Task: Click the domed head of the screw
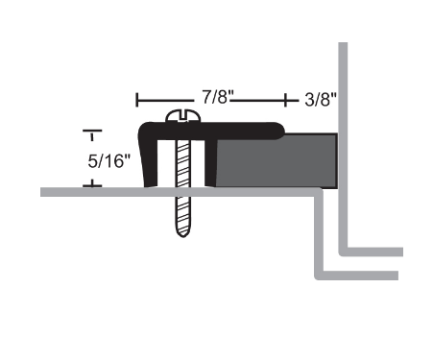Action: pos(180,117)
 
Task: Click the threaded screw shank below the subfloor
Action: pos(180,216)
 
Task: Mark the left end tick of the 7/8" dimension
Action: pos(138,99)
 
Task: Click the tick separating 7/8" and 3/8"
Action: pos(285,99)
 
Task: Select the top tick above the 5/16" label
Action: pos(92,130)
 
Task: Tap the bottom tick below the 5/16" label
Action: pos(92,183)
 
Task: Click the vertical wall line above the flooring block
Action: pos(343,86)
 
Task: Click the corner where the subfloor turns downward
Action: pos(320,193)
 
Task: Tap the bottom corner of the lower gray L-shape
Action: pos(321,277)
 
